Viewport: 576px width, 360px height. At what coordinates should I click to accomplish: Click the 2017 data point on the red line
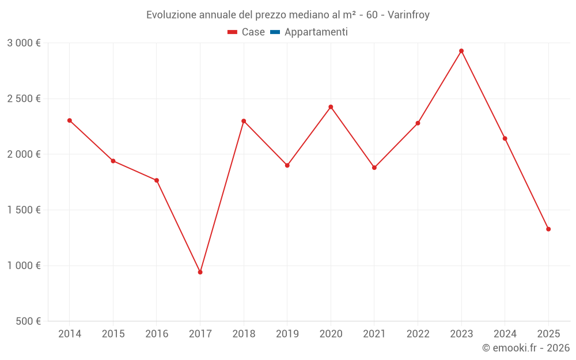200,272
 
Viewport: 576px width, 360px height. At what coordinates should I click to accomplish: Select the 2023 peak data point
461,51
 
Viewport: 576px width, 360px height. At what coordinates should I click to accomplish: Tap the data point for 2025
548,229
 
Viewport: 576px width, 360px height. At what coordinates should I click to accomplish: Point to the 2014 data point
70,120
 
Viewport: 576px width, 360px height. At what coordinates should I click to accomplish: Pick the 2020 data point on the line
331,107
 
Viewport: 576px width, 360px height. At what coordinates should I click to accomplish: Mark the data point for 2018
244,121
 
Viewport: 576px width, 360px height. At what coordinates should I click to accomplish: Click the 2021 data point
374,168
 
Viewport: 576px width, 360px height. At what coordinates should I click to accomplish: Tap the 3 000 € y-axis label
24,43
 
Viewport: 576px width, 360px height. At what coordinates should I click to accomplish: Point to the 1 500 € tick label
24,210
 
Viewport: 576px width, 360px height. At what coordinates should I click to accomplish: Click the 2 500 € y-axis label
24,98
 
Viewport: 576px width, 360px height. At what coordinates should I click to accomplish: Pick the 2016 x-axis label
157,334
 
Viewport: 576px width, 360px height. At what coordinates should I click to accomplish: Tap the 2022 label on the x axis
418,334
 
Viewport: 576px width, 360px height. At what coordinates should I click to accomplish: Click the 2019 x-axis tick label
287,334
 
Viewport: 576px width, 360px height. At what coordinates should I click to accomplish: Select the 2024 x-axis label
505,334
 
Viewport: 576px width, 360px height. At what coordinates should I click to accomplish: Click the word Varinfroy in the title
408,15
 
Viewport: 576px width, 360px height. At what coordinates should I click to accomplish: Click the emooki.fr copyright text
526,348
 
